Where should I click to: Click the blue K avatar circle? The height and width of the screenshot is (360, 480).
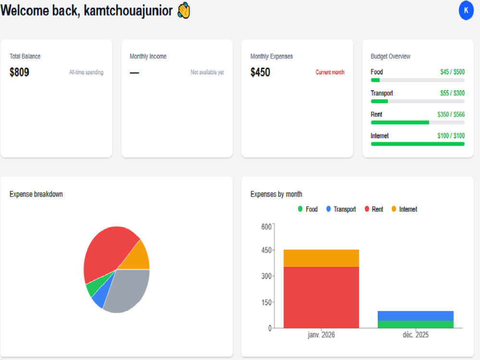466,11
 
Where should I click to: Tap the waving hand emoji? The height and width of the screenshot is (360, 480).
184,11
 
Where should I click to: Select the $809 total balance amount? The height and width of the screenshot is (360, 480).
19,72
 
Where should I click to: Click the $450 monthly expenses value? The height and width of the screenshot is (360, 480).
260,72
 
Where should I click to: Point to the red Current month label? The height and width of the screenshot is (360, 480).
330,72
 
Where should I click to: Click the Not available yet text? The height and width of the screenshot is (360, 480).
207,72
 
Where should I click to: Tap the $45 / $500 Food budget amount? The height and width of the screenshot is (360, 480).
453,72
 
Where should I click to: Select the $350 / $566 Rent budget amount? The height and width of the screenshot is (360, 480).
451,114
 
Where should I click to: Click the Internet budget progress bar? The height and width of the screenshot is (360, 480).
418,144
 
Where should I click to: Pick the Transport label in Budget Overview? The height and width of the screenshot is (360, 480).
382,93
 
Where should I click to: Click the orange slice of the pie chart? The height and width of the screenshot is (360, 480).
137,257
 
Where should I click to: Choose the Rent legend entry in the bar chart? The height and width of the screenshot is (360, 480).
374,209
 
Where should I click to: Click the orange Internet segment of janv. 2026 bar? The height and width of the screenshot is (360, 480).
321,258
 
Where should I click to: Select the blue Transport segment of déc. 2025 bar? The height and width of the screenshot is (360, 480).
415,316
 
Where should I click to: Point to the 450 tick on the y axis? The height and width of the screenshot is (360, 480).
266,250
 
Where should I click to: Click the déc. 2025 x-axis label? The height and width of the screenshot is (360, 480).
415,335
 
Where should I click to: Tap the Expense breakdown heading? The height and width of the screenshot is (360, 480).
36,194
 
